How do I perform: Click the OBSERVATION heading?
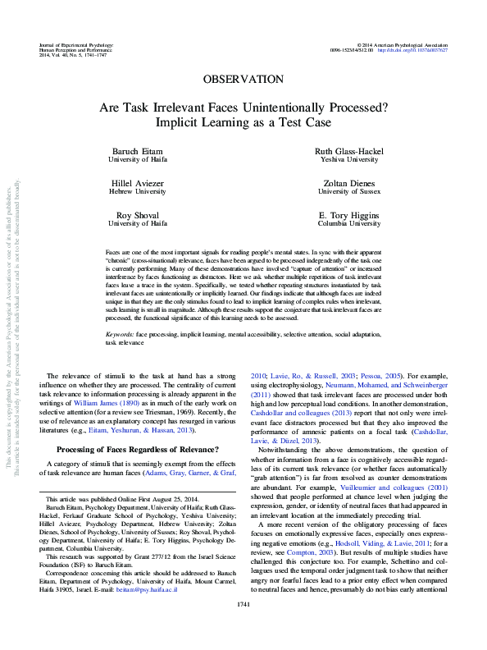point(243,80)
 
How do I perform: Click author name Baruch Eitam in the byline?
point(138,153)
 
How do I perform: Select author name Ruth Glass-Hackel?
point(349,153)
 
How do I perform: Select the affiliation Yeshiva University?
point(349,161)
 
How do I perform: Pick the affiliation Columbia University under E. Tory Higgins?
point(349,222)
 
